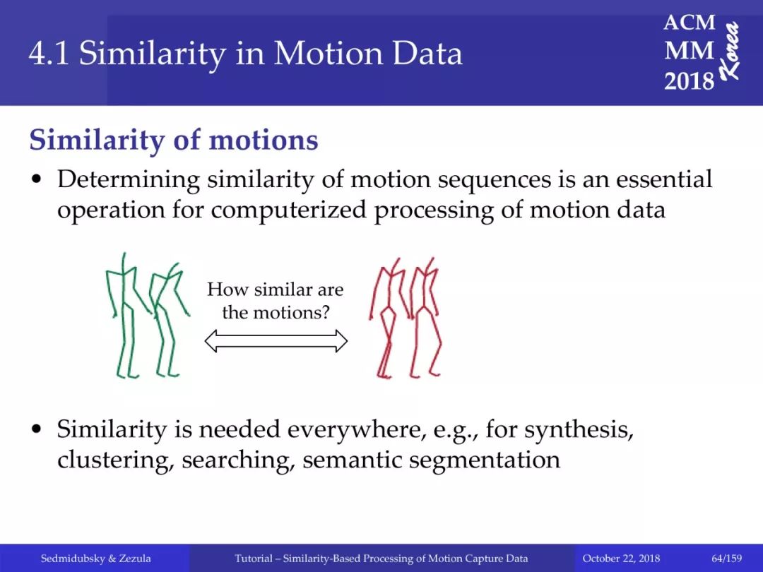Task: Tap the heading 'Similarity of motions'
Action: coord(174,140)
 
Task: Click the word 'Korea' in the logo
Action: coord(731,51)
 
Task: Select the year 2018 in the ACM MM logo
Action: coord(689,81)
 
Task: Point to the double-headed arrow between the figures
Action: coord(276,340)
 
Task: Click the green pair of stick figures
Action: coord(148,316)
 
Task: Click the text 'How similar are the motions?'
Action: coord(276,301)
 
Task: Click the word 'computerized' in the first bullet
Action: coord(288,210)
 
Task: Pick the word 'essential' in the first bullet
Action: coord(664,179)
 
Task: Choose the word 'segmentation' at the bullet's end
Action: coord(485,460)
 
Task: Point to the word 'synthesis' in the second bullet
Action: coord(579,430)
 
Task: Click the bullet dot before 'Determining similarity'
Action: coord(35,179)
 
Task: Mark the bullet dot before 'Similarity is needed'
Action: coord(35,429)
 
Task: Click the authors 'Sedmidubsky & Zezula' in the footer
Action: coord(95,559)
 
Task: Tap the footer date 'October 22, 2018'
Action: coord(621,559)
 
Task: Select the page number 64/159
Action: coord(727,559)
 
